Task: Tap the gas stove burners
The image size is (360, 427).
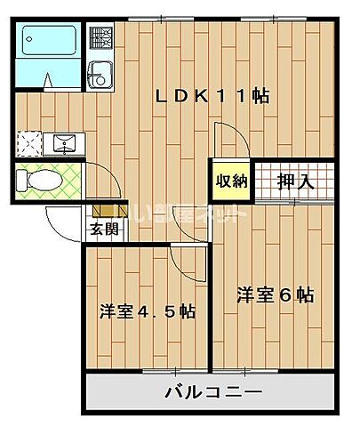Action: click(x=100, y=38)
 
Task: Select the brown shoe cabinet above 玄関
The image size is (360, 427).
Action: click(x=103, y=210)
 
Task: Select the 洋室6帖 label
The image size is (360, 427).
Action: click(x=275, y=295)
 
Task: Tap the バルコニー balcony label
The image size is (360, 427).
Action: click(x=213, y=392)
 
